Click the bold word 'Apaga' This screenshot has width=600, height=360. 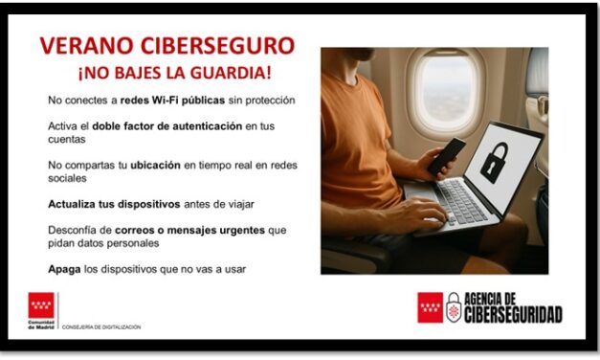63,269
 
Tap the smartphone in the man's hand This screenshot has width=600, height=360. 446,156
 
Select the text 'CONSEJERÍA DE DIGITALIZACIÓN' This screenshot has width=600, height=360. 101,326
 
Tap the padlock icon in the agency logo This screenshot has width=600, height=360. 453,307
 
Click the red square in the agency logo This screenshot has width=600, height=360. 430,307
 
